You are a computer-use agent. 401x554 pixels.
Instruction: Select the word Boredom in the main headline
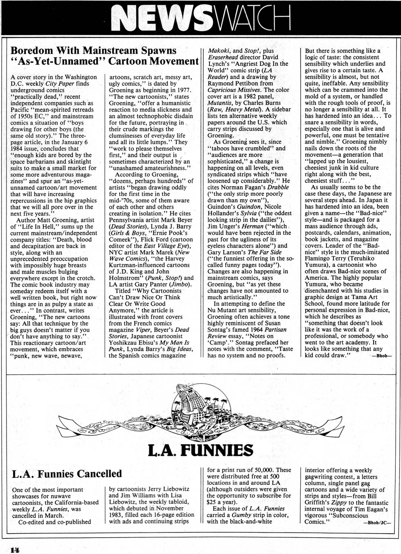[x=32, y=51]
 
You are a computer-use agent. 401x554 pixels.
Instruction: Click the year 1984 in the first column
[x=18, y=149]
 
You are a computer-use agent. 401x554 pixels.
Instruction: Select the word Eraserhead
[x=223, y=57]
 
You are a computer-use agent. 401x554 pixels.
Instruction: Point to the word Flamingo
[x=319, y=259]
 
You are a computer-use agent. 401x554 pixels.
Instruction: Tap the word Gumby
[x=241, y=515]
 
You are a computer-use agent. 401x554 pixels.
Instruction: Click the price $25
[x=213, y=502]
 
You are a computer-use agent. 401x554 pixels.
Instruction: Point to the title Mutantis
[x=221, y=103]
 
